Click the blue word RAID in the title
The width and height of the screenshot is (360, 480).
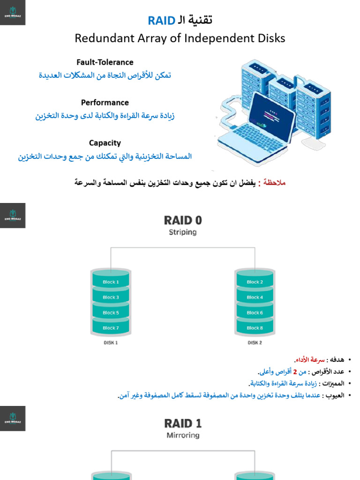click(162, 21)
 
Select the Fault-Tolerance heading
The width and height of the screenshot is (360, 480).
click(105, 62)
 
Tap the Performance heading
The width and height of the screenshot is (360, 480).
click(105, 103)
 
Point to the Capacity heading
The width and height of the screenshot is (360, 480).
click(105, 143)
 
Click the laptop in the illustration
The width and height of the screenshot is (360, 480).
click(256, 124)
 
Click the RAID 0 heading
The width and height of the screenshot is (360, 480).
click(183, 220)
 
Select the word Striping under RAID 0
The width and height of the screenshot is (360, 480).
click(183, 232)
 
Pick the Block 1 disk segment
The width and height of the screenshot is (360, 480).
click(111, 282)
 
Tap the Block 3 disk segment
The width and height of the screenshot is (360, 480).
click(111, 297)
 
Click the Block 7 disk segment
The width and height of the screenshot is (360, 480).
click(111, 328)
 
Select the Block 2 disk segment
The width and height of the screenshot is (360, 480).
click(255, 282)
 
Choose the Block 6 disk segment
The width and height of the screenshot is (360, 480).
click(255, 313)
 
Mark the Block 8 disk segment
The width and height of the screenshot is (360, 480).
click(255, 328)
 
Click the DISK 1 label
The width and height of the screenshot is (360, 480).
click(111, 343)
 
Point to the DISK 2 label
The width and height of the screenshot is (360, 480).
click(255, 343)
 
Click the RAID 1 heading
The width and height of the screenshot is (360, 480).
click(183, 424)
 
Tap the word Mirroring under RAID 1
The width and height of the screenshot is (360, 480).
click(183, 435)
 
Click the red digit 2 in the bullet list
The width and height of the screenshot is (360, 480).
click(295, 372)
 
